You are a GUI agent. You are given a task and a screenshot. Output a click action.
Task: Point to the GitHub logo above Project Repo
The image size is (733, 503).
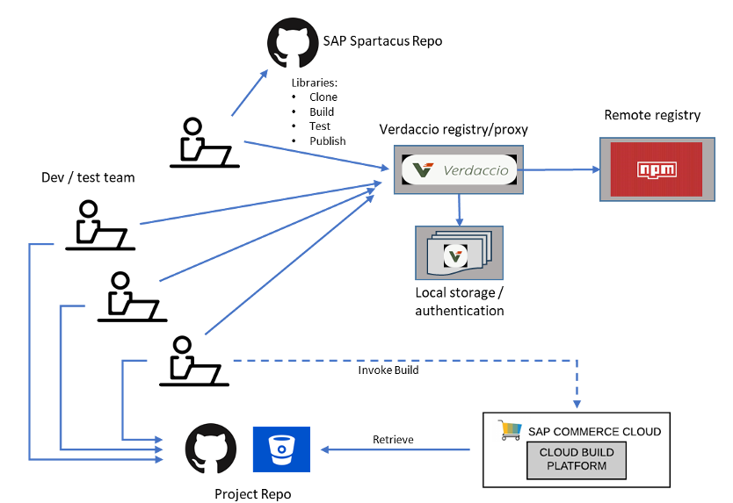click(211, 450)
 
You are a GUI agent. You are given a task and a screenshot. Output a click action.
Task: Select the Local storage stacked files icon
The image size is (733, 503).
click(458, 254)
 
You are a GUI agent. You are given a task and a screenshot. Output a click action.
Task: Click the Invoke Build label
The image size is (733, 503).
click(388, 370)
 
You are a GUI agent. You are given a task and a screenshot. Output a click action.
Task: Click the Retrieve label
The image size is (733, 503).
click(393, 439)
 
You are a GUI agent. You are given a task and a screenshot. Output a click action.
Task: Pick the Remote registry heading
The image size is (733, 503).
click(652, 115)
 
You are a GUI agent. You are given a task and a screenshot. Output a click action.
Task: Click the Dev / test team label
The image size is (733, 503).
click(89, 177)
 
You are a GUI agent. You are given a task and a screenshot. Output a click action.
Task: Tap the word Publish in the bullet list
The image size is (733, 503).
click(327, 140)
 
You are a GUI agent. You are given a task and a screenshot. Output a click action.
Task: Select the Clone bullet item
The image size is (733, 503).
click(323, 97)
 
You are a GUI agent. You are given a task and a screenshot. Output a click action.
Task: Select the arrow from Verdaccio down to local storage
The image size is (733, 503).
click(459, 209)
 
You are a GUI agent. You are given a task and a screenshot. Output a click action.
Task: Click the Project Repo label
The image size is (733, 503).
click(252, 493)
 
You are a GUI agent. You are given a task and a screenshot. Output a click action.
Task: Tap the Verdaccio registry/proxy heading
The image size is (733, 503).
click(454, 129)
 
